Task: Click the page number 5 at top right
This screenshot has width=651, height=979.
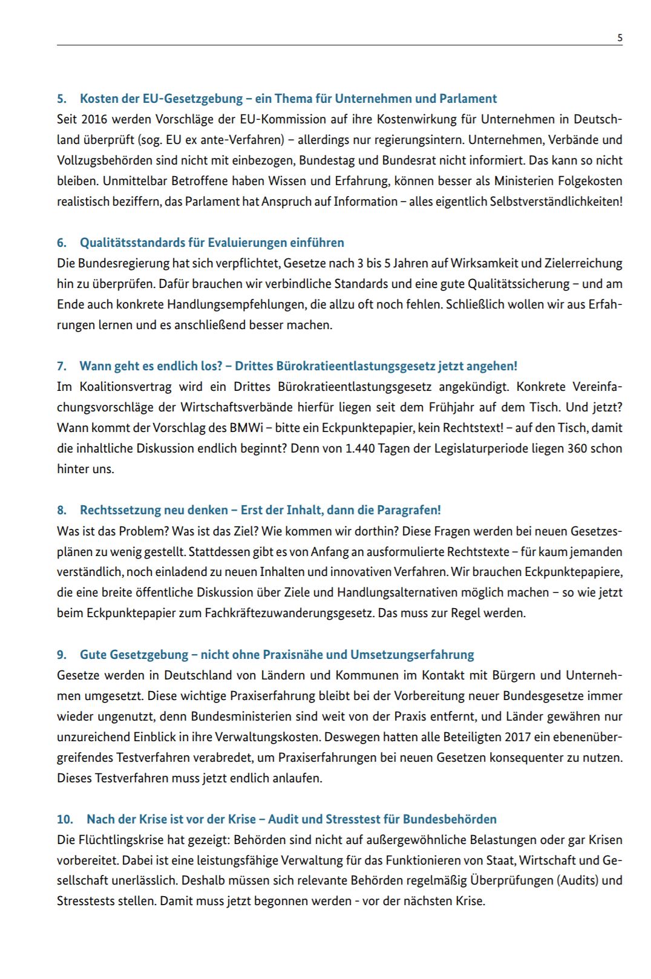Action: pos(620,38)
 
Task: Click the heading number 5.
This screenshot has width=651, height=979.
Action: pos(61,99)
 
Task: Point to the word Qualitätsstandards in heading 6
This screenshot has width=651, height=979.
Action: pos(132,243)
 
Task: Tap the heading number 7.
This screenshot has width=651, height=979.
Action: pos(61,366)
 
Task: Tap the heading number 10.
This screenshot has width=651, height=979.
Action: pos(64,819)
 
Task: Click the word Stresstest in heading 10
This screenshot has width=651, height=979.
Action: pos(353,819)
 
